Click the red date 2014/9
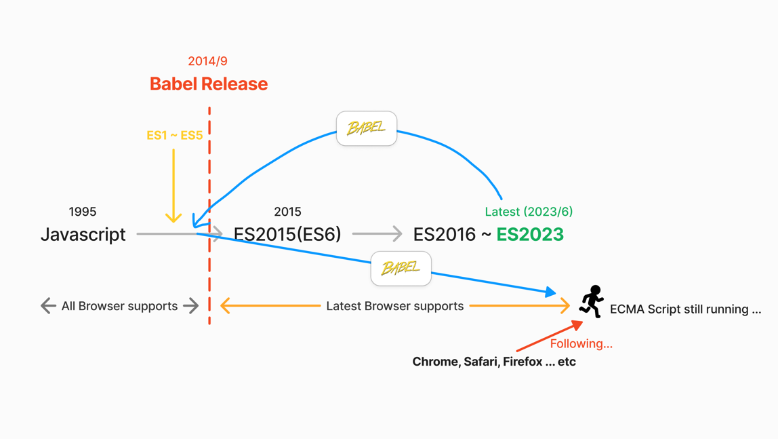[207, 61]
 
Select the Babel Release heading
[209, 84]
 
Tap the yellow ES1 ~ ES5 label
[174, 135]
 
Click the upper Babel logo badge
[367, 128]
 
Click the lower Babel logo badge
[401, 268]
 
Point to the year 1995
[83, 212]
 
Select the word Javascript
[83, 235]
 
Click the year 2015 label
[287, 212]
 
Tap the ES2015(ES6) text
[287, 235]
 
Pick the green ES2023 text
[530, 235]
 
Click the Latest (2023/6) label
[529, 212]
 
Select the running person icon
[592, 301]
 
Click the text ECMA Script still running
[684, 309]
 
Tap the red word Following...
[581, 344]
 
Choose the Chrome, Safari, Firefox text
[494, 362]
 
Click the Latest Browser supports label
[395, 306]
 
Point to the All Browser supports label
[119, 306]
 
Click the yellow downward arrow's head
[173, 218]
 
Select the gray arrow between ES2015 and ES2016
[377, 234]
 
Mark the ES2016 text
[445, 235]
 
